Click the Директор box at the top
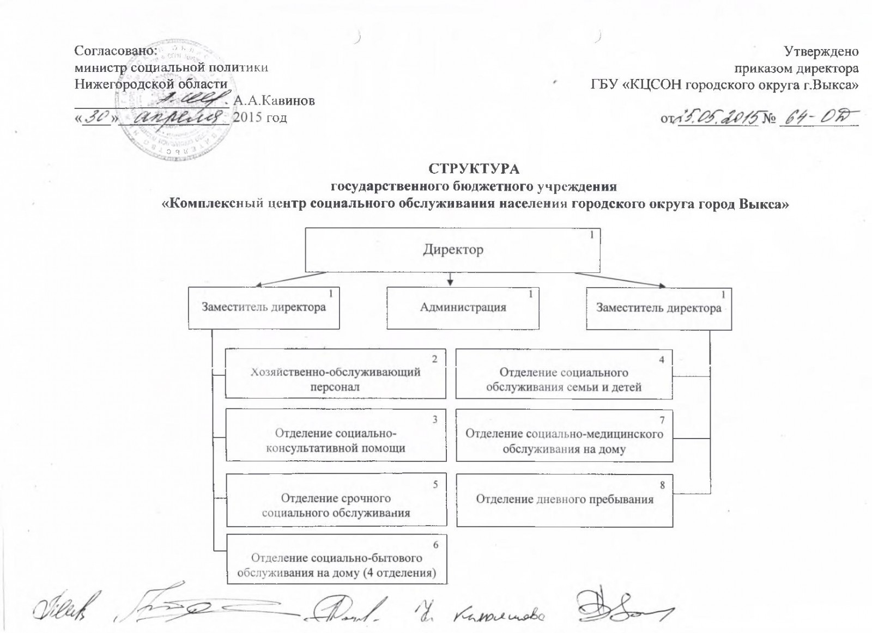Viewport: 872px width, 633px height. point(452,250)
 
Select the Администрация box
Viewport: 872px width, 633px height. point(463,308)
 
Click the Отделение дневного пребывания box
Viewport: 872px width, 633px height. point(565,500)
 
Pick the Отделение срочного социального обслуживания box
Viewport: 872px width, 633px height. point(336,500)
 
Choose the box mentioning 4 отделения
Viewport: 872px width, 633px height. point(336,559)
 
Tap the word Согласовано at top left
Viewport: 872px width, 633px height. point(115,51)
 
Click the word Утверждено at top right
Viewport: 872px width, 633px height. point(821,51)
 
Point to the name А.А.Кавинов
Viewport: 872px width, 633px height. point(274,102)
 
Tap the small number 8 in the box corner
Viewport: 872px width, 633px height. point(662,483)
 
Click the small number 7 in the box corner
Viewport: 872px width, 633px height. point(662,420)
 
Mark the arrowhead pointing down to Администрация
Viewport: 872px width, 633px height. point(451,282)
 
